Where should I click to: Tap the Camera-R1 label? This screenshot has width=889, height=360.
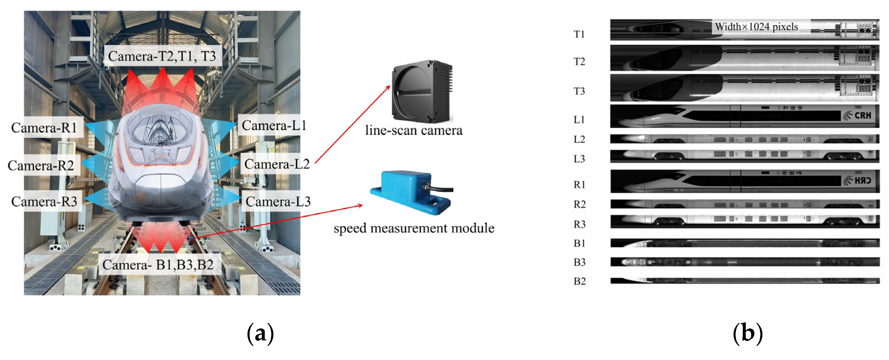tap(44, 128)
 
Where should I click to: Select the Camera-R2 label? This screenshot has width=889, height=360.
tap(41, 166)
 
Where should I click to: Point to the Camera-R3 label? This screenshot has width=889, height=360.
tap(44, 202)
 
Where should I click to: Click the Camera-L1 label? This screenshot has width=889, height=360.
tap(274, 126)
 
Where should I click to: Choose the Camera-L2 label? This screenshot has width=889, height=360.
tap(277, 164)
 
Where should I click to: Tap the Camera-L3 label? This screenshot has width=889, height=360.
tap(278, 202)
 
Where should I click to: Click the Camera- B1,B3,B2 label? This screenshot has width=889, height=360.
tap(158, 265)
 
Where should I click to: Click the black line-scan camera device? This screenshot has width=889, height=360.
tap(422, 91)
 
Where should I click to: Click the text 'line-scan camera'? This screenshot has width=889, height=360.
tap(413, 130)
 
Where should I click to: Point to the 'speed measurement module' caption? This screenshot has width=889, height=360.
tap(414, 228)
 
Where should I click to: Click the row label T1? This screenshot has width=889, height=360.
tap(579, 34)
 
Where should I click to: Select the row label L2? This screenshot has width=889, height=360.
tap(579, 139)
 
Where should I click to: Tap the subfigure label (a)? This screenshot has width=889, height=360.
tap(261, 333)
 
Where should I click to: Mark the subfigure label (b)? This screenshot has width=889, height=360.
tap(748, 333)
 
